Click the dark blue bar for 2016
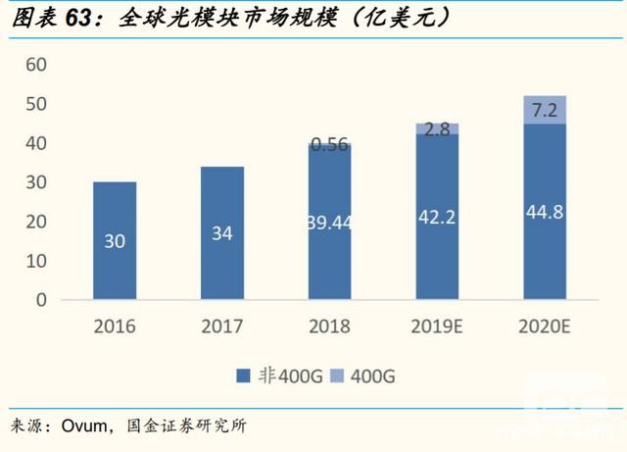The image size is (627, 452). tap(115, 240)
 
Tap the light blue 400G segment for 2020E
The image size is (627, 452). tap(545, 110)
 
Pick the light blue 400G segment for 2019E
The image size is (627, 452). tap(437, 128)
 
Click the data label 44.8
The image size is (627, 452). tap(545, 212)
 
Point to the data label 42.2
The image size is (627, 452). tap(437, 217)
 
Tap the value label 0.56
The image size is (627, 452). tap(330, 143)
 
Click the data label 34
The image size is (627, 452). tap(222, 234)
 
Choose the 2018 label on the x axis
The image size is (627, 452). tap(330, 326)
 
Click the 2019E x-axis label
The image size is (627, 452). tap(437, 326)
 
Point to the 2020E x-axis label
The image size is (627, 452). tap(545, 326)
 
